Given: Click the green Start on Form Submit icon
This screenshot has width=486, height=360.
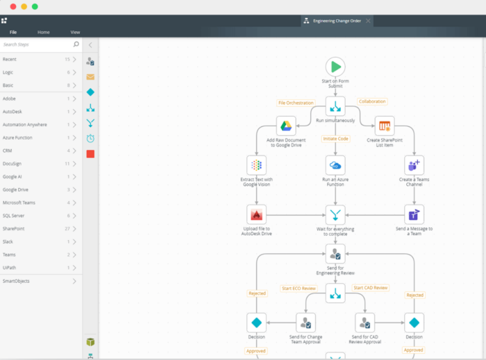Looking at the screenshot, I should [335, 67].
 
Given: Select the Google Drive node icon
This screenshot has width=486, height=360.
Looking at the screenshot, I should [286, 126].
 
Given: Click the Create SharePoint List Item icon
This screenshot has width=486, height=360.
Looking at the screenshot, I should [384, 126].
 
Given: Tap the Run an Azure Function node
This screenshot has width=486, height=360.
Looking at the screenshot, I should [335, 165].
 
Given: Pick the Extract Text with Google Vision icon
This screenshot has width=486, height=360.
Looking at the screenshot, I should [257, 165].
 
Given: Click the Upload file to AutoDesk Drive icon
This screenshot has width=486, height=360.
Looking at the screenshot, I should [257, 214].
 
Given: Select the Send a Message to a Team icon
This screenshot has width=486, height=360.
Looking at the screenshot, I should [414, 214].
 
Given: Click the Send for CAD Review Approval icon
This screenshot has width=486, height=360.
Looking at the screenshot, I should [364, 323].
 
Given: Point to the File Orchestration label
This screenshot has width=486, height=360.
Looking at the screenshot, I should [296, 103].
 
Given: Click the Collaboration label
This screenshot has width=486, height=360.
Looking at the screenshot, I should [372, 101].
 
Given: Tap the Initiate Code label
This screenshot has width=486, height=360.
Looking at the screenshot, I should [335, 139].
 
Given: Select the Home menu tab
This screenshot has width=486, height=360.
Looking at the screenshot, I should [44, 32].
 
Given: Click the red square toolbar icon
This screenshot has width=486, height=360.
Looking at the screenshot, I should [90, 153].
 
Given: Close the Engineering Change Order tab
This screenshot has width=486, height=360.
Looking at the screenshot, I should [368, 21].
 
